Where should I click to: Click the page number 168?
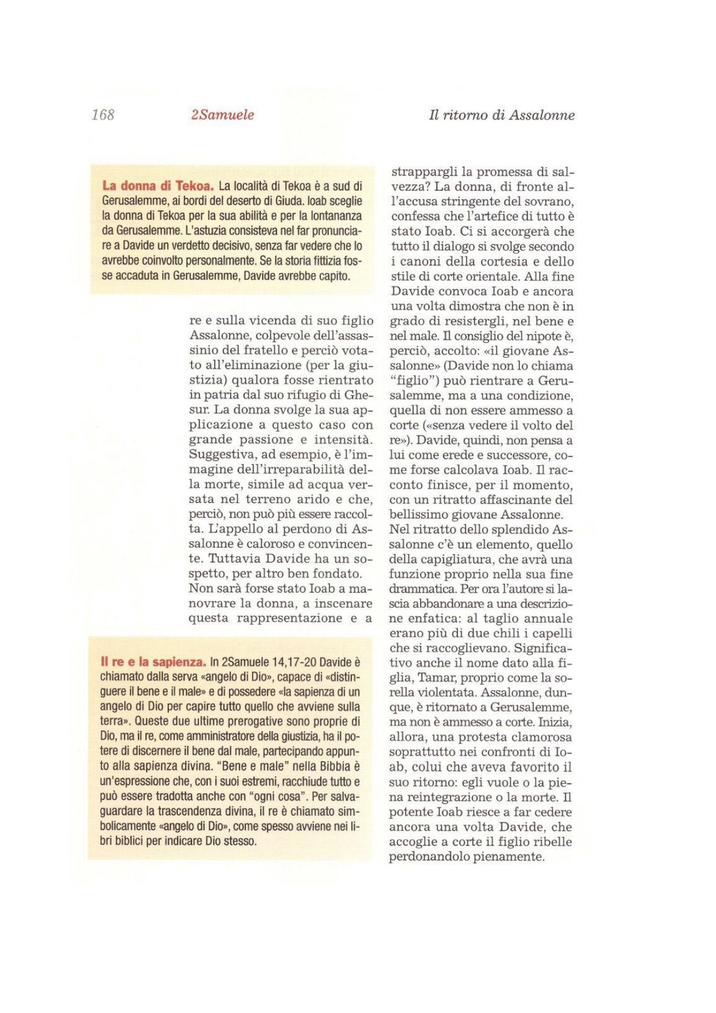(x=103, y=115)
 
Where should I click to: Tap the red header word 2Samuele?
(x=222, y=115)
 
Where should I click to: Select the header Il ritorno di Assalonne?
(x=501, y=115)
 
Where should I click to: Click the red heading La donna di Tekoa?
(x=158, y=186)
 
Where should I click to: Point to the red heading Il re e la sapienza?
(x=153, y=662)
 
